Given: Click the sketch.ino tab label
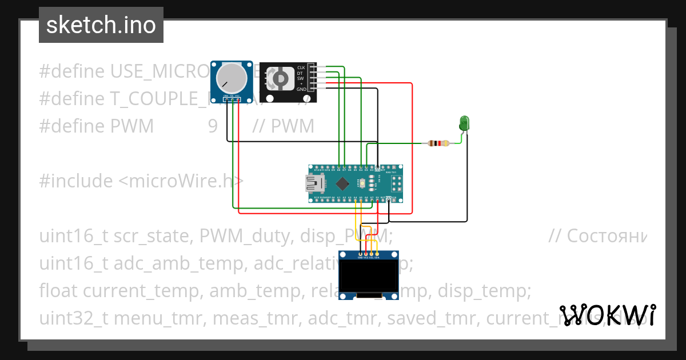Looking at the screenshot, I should (x=101, y=25).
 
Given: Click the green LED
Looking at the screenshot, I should (x=464, y=122).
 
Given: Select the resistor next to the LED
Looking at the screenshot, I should (x=438, y=143).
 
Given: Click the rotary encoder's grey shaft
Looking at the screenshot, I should (x=281, y=78).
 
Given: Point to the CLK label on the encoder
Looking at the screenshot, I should (x=301, y=67).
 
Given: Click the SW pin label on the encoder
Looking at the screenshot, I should (x=301, y=78).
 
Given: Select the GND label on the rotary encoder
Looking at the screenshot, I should (x=301, y=89).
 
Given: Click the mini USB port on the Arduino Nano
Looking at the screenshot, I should (x=314, y=183).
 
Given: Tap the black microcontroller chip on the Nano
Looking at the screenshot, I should (x=342, y=183).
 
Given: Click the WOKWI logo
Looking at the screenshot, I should (x=607, y=315).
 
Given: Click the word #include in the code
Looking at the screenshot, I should (x=76, y=181).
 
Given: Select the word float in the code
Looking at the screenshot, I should (x=59, y=291).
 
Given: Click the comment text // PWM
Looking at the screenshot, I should (x=283, y=126).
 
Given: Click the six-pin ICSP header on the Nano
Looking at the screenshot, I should (x=396, y=183).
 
